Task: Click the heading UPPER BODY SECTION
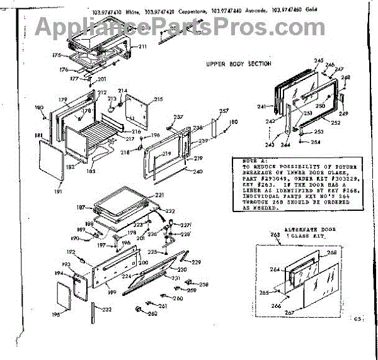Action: coord(239,64)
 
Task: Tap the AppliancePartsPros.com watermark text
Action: coord(188,26)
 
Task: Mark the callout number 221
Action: coord(159,195)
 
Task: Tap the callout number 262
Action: coord(152,315)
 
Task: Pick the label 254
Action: coord(316,142)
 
